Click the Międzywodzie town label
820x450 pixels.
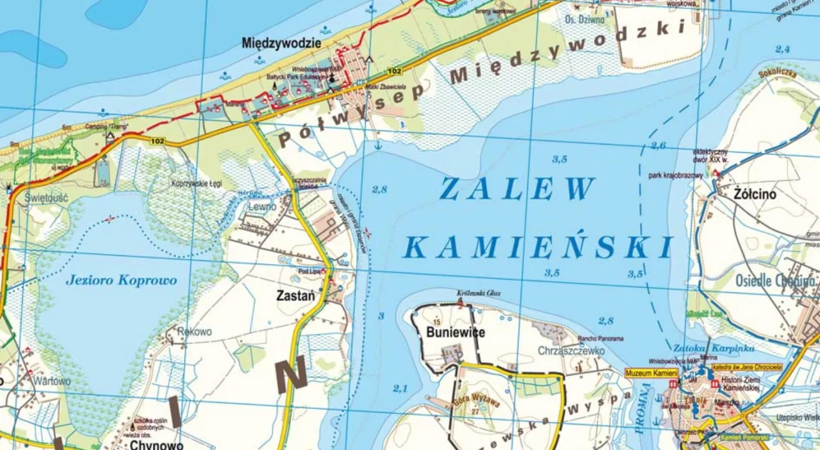281,43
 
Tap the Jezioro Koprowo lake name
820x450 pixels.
121,280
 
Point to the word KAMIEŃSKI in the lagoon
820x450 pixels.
539,247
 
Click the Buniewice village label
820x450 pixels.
455,332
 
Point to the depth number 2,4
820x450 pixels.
782,49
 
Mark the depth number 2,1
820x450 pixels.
400,388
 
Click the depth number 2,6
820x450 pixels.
658,145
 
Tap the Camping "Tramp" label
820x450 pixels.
106,127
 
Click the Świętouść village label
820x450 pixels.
46,198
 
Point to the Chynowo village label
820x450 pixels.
156,444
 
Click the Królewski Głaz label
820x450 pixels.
479,293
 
